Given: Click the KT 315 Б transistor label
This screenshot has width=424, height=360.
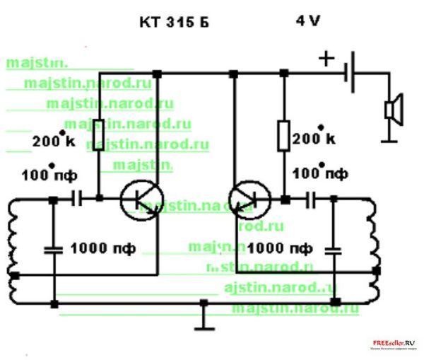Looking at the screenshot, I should coord(173,23).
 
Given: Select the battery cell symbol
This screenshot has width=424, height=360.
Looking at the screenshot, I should coord(350,74).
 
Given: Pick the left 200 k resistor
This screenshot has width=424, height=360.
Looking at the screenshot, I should coord(99,133).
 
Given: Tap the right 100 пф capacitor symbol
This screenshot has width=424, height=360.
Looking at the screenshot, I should coord(311,201).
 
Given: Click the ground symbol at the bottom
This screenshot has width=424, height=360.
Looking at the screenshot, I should coord(204,322).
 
